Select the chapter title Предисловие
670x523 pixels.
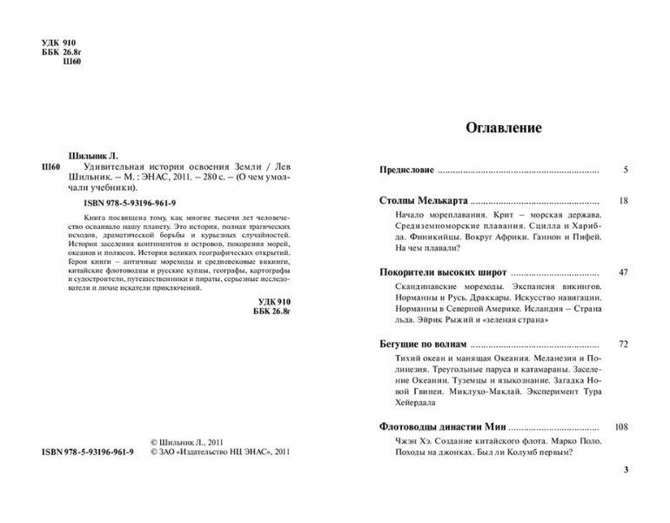[407, 169]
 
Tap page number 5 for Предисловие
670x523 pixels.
[625, 169]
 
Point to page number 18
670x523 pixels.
[622, 200]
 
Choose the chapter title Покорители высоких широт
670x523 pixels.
[440, 272]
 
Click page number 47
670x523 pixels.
[622, 272]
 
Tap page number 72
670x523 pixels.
[622, 344]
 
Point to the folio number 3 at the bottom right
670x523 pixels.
[625, 470]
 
